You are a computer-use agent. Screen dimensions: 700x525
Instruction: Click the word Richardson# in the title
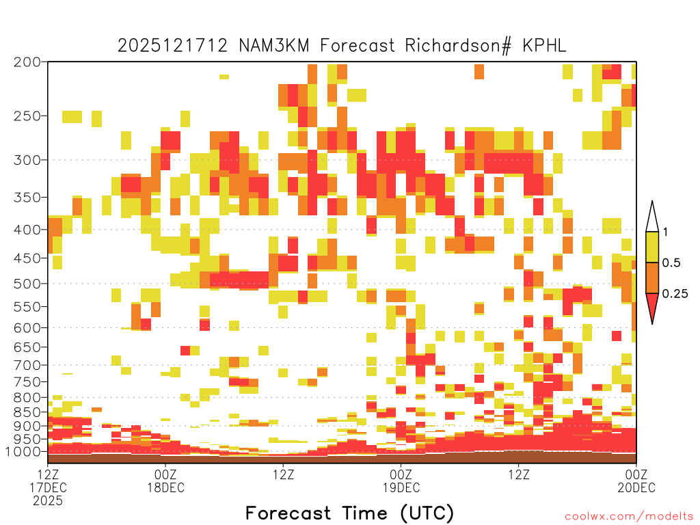(458, 46)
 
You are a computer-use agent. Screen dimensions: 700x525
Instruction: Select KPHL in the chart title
(544, 46)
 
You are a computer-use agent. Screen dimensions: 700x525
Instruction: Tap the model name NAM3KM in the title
(274, 46)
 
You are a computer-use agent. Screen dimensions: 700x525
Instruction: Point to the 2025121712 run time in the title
(172, 46)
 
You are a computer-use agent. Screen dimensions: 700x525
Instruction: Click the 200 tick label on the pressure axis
(27, 62)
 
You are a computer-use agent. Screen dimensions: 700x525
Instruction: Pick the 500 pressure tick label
(27, 284)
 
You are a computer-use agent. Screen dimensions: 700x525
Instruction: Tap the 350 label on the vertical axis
(27, 198)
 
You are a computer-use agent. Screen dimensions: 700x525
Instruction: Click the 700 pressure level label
(27, 365)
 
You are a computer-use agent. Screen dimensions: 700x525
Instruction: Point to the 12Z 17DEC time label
(48, 487)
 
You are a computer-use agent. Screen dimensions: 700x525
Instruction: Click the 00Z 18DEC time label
(165, 481)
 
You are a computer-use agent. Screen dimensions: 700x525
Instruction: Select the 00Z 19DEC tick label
(401, 481)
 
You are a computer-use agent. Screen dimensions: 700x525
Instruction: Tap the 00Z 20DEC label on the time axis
(636, 481)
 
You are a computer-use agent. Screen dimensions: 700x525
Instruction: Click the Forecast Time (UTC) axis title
(349, 513)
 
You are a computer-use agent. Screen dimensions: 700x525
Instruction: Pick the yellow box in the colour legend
(652, 247)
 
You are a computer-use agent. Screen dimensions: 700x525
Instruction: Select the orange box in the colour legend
(652, 278)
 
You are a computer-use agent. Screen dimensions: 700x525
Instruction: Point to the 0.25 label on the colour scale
(675, 294)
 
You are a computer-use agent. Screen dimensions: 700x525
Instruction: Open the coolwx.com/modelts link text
(630, 517)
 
